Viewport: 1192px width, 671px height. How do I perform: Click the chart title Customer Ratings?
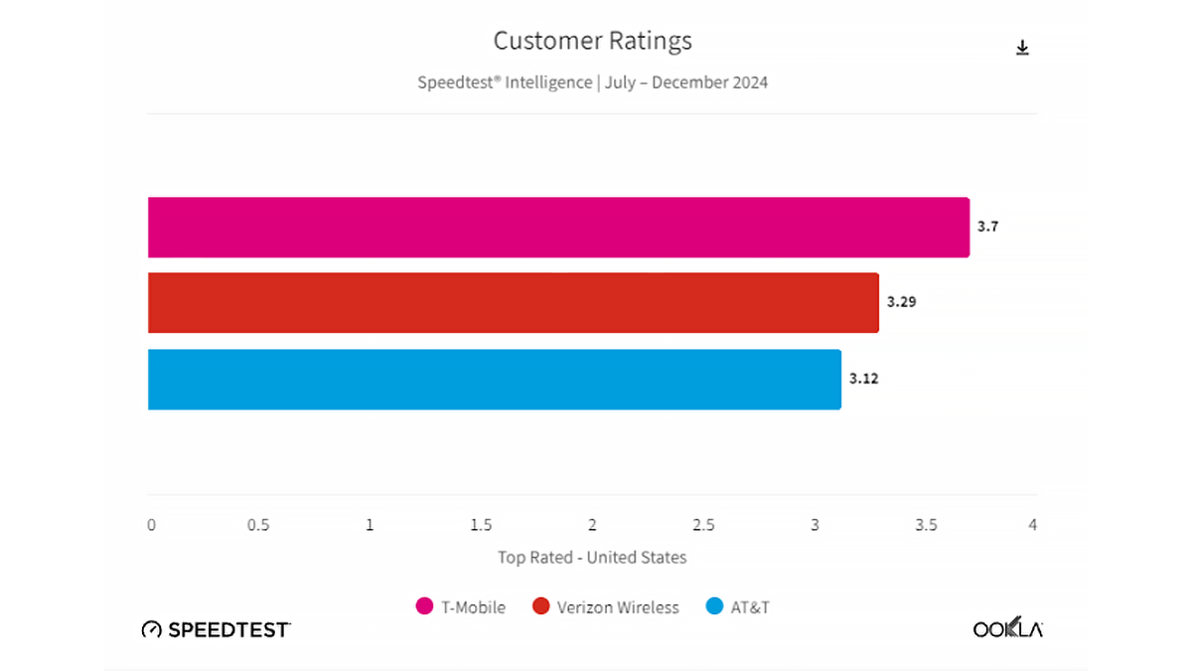(593, 41)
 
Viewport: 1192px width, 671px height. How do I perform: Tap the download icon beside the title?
(1022, 48)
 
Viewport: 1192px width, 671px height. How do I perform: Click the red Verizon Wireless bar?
(513, 303)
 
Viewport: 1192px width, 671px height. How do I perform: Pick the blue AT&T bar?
(494, 379)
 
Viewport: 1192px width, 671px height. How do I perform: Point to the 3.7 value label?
(987, 227)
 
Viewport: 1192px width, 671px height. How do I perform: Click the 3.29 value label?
(901, 302)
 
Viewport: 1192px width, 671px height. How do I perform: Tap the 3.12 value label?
(863, 379)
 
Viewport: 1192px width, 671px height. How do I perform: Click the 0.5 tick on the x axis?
(258, 525)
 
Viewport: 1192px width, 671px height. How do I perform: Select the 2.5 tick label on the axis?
(704, 525)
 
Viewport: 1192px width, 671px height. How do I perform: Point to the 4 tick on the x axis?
(1033, 525)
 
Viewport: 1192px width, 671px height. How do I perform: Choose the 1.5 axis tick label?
(481, 525)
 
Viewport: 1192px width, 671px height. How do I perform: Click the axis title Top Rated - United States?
(592, 558)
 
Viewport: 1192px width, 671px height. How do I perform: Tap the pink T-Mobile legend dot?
(424, 606)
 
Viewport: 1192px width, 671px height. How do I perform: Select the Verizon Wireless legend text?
(618, 607)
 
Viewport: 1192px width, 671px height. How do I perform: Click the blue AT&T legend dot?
(714, 606)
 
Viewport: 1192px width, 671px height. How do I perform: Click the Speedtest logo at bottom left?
(217, 629)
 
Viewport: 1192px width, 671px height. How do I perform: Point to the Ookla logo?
(1007, 629)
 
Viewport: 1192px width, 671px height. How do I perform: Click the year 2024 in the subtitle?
(747, 83)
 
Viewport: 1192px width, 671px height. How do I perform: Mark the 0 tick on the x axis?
(151, 525)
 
